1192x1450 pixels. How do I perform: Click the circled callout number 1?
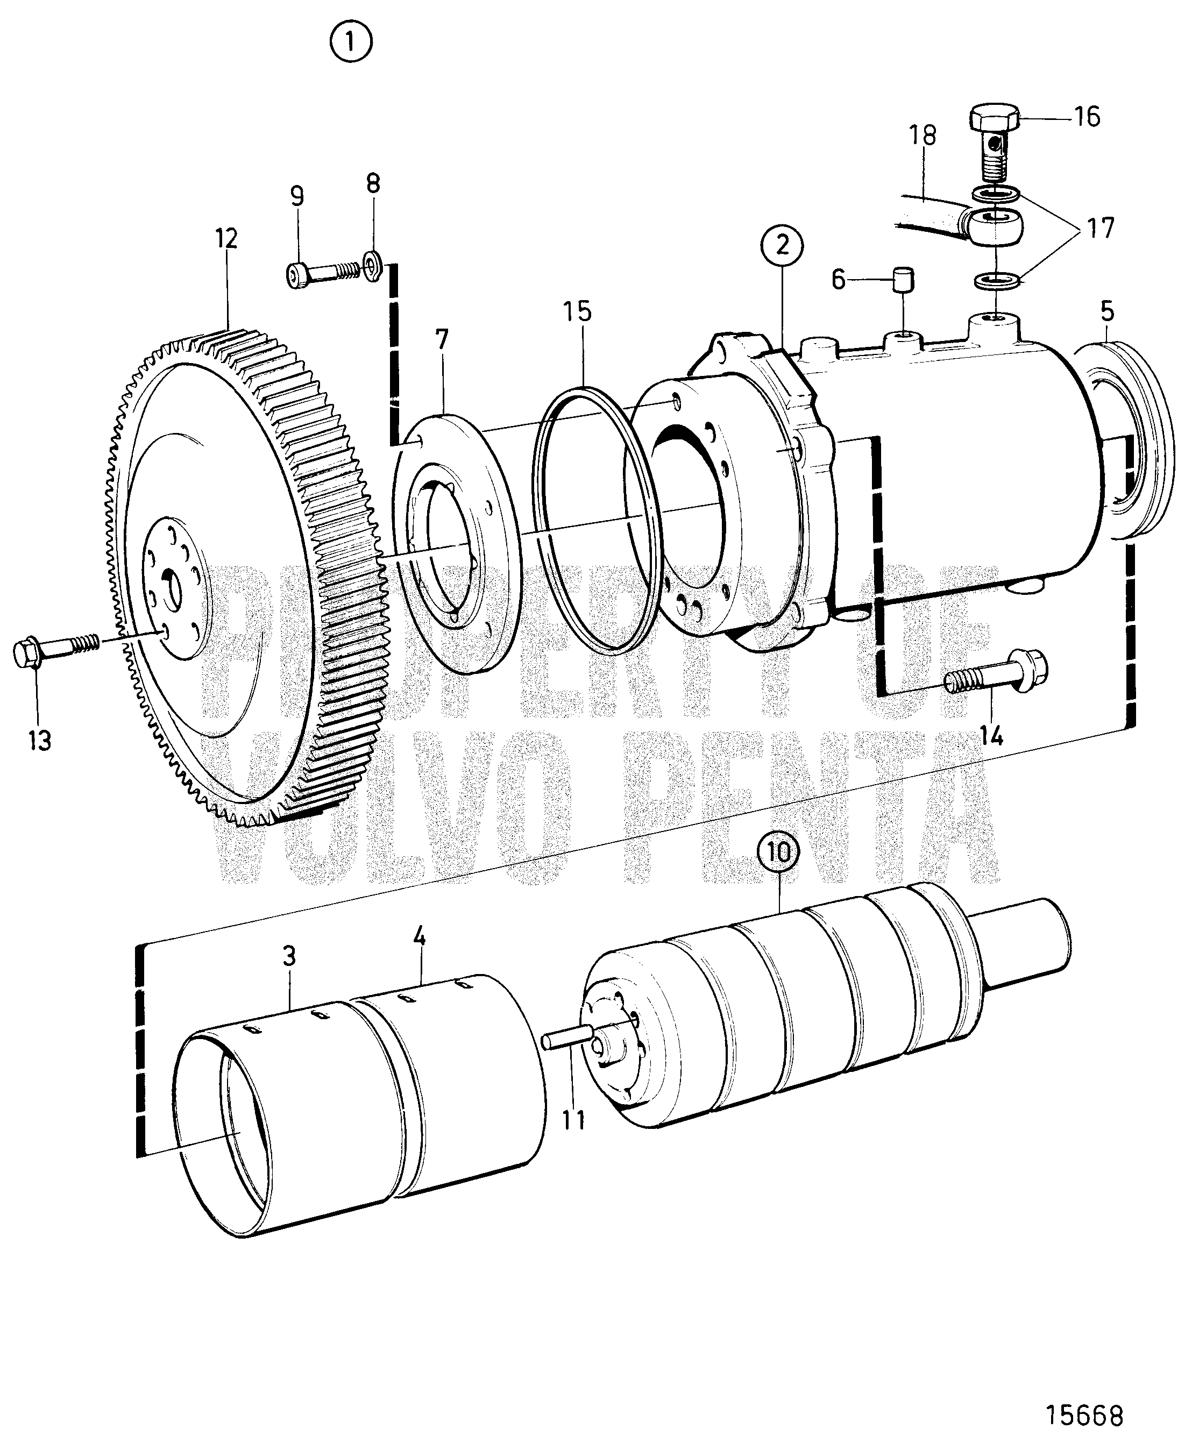pos(351,43)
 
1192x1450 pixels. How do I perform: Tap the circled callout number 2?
pos(782,245)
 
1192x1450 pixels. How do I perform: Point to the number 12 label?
pos(226,239)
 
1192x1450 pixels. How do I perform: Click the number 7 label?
pos(442,340)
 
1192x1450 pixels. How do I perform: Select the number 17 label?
pos(1100,228)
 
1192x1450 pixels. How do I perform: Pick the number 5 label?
pos(1107,312)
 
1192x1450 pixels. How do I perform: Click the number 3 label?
pos(289,956)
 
